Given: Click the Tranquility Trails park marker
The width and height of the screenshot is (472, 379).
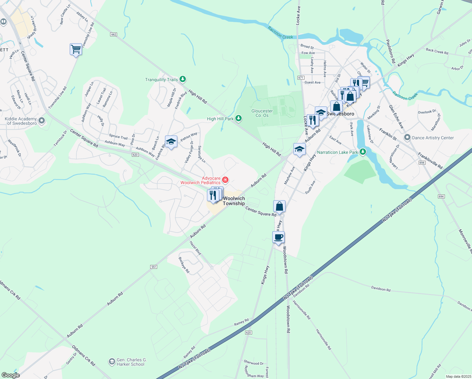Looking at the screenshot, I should coord(182,79).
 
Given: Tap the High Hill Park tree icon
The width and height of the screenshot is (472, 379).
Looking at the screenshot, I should coord(239,118).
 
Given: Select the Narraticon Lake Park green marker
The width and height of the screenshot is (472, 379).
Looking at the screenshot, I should coord(363,152).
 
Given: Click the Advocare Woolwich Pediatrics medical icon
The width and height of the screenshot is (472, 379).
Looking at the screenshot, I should coord(225,180).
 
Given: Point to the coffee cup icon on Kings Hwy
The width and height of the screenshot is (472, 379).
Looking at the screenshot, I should coord(278,237).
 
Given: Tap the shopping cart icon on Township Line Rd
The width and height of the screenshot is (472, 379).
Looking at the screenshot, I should coord(76,49).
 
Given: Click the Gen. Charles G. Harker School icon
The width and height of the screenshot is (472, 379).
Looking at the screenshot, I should coord(112,361).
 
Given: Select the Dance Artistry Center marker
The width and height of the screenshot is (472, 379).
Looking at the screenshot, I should coord(407,137).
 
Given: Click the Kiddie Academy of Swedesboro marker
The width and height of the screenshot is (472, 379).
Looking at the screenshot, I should coord(41,121).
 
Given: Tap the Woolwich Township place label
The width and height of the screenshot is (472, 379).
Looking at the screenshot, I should coord(234,201).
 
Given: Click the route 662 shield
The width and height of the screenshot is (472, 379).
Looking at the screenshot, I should coord(114,34).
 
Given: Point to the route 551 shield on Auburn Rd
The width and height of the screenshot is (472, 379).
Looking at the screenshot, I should coord(154,267).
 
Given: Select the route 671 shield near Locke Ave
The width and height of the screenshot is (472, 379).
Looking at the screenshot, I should coord(300,78).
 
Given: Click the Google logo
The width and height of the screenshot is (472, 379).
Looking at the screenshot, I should coord(10,375).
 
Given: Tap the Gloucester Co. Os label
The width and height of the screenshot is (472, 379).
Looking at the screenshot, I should coord(262,113).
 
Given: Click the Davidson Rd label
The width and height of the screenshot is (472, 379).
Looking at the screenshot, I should coord(381,289).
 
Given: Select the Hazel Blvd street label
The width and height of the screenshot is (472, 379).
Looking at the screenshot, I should coord(195,248).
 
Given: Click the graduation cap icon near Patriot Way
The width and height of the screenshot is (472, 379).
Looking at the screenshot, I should coord(171,142).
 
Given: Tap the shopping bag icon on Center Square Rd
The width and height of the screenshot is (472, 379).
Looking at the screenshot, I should coord(280,206).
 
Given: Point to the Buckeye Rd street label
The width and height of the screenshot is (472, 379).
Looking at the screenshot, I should coord(184,265).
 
